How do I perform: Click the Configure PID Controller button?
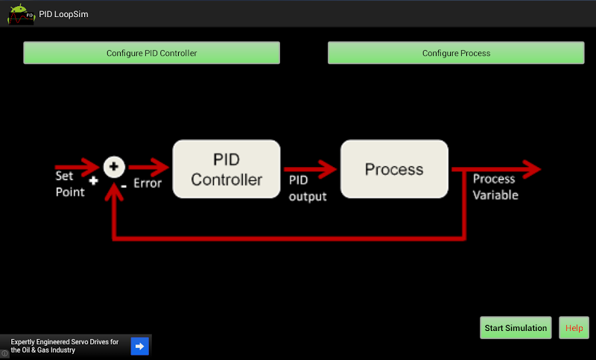click(151, 53)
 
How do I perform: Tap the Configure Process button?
click(456, 53)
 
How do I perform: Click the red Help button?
click(574, 328)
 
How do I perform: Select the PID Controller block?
click(226, 170)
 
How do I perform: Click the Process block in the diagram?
click(394, 170)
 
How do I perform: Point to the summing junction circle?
click(114, 168)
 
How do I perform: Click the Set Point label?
click(70, 184)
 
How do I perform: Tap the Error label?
click(147, 183)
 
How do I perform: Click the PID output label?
click(308, 188)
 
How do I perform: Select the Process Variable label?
click(495, 187)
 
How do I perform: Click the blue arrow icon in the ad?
click(140, 346)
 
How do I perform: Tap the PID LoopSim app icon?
click(20, 13)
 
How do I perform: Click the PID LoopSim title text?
click(64, 14)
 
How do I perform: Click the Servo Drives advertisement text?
click(65, 346)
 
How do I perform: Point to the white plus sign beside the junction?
click(93, 180)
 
